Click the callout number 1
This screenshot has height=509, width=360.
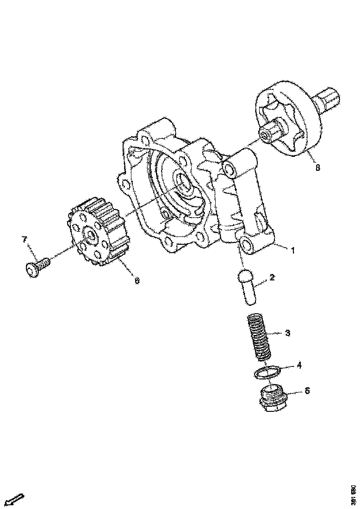292,250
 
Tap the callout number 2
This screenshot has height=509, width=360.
272,278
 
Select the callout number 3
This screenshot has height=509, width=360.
287,333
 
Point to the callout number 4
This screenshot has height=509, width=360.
299,365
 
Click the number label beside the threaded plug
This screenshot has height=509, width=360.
306,391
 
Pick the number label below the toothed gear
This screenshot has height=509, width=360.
137,280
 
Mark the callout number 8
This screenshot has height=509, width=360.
317,168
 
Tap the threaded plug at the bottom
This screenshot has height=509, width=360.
273,398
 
